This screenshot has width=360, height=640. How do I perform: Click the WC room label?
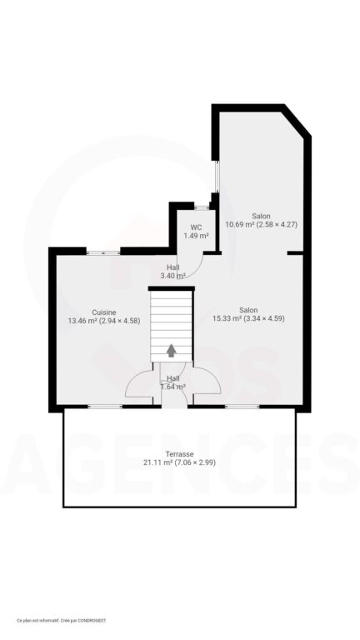pos(196,227)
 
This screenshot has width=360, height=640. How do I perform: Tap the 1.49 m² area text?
pos(196,236)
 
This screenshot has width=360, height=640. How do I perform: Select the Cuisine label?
pos(103,312)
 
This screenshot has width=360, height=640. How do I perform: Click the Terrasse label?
pos(180,453)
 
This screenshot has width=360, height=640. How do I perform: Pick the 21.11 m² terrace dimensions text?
pos(180,462)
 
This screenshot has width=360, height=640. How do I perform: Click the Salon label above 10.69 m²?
pos(261,216)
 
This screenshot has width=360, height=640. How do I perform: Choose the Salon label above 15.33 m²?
pos(248,309)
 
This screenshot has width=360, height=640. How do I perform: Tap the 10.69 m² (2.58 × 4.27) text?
pos(261,224)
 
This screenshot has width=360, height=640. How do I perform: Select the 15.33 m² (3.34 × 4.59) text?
pos(248,317)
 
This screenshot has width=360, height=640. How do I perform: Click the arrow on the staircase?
pos(172,350)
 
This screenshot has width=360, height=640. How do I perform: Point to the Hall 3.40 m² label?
pos(172,272)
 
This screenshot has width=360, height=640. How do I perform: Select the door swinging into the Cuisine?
pos(139,384)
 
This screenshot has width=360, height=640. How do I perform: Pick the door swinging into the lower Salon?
pos(206,382)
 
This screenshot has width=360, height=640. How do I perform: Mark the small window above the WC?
pos(201,206)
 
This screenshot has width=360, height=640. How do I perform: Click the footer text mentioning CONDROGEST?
pos(62,620)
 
